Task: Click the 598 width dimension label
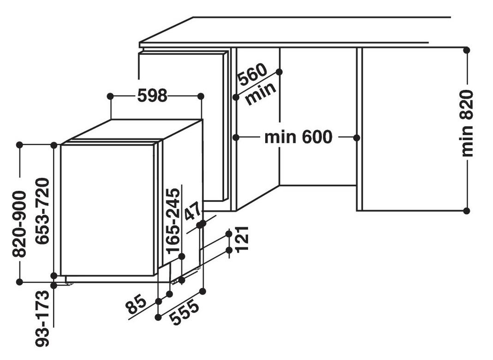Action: [153, 95]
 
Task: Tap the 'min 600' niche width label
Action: [298, 137]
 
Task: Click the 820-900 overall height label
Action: [19, 224]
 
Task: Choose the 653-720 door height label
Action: [42, 211]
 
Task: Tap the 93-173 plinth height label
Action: [42, 318]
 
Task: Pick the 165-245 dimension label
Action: [173, 221]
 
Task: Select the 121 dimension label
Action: [242, 239]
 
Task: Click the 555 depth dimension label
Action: [184, 313]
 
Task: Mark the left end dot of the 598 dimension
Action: [110, 96]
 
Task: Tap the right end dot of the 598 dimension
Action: [201, 96]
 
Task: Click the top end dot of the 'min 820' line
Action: [467, 50]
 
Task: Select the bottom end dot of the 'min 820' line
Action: [467, 211]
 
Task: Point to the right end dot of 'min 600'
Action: [356, 137]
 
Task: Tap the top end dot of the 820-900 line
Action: [19, 145]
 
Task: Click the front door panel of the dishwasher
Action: [107, 210]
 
